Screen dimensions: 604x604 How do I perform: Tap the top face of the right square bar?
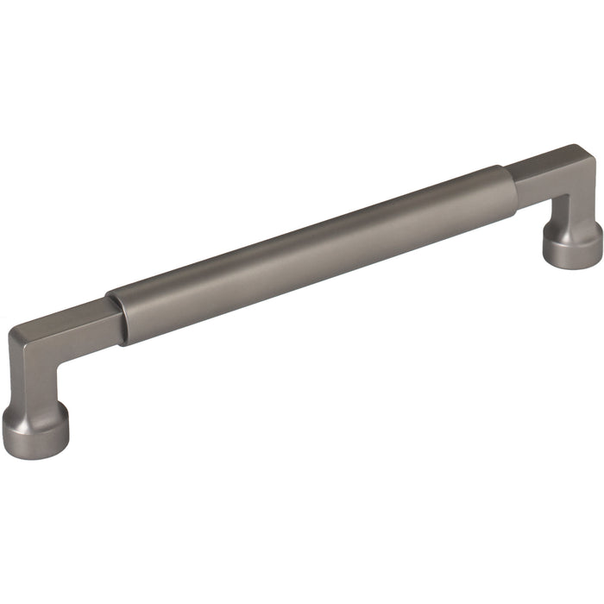tap(548, 160)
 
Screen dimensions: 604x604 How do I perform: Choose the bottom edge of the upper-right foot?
tap(573, 260)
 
